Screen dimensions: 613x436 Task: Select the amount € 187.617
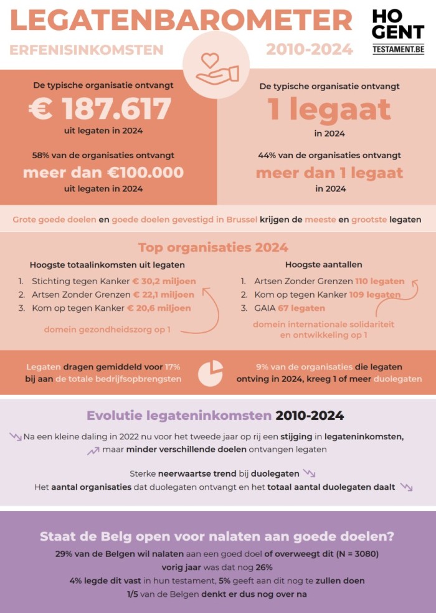(x=100, y=110)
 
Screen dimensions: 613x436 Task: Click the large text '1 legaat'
(x=329, y=110)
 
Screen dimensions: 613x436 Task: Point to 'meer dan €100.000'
(x=103, y=173)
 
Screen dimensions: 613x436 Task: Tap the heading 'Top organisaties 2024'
(x=213, y=247)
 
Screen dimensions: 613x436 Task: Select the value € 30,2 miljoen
(x=164, y=281)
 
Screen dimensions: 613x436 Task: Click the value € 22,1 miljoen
(x=163, y=295)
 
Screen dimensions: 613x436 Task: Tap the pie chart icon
(x=211, y=373)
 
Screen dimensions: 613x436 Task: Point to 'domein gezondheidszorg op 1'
(x=107, y=329)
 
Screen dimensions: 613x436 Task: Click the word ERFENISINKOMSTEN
(x=87, y=50)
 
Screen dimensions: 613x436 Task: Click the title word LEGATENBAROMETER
(x=181, y=20)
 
